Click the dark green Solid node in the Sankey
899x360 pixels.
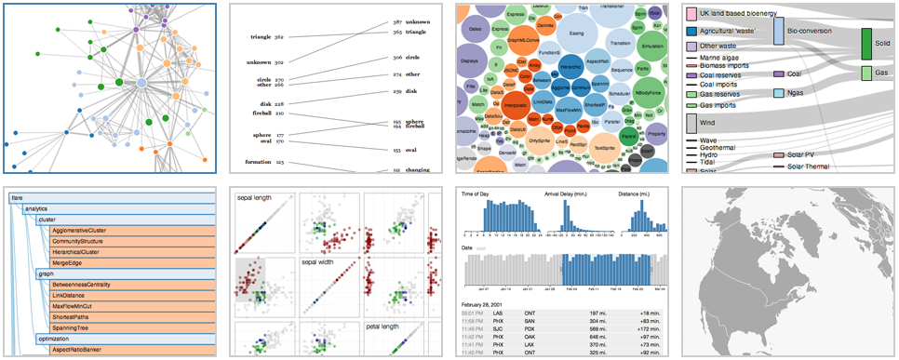(866, 45)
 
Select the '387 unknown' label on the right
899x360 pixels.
(408, 21)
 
